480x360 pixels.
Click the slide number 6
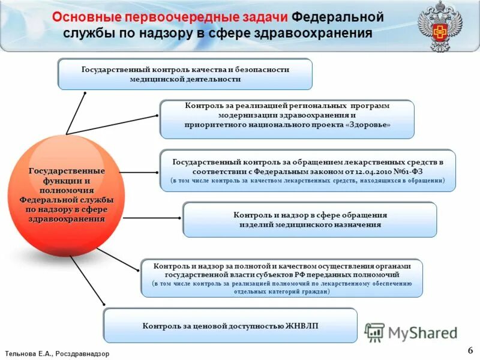(x=470, y=350)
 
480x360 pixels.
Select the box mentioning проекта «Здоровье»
(x=287, y=119)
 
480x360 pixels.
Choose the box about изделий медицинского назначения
(x=309, y=220)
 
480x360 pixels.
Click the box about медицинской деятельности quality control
(x=185, y=74)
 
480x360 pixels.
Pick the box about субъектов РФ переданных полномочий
(x=281, y=278)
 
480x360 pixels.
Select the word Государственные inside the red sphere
(x=67, y=172)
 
